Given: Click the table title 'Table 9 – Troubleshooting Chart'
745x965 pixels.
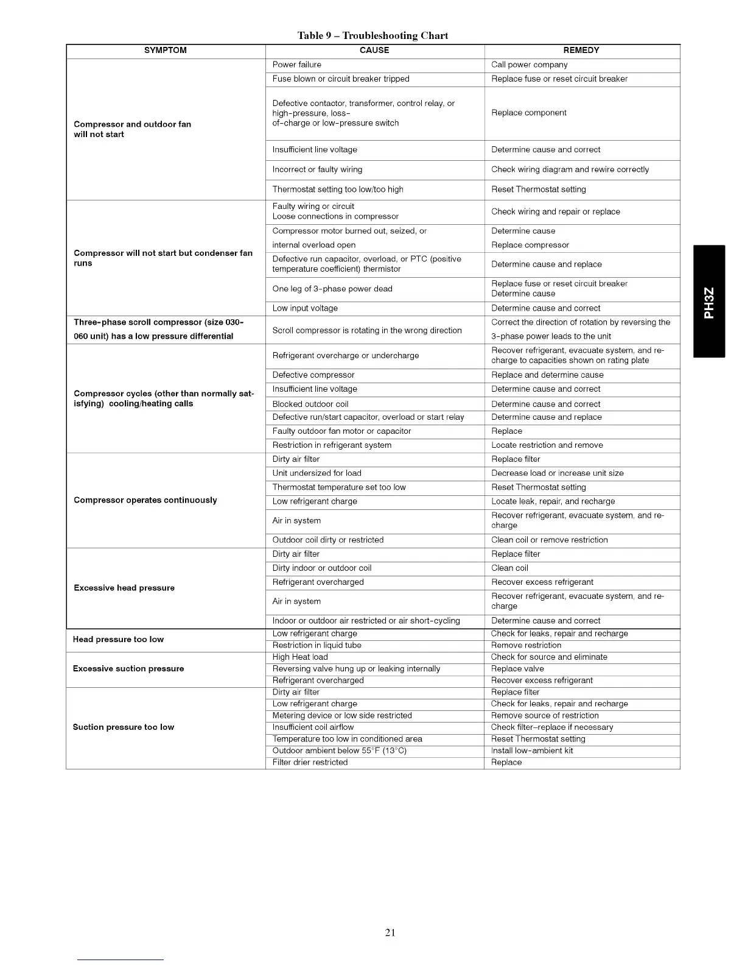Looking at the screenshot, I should [372, 35].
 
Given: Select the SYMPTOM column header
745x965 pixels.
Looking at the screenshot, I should [166, 51].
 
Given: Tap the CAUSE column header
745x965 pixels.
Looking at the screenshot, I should [374, 51].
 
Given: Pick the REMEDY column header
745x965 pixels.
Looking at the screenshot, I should [581, 51].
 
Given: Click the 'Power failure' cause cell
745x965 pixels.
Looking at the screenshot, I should [297, 65].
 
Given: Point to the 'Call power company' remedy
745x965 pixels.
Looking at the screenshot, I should [530, 65].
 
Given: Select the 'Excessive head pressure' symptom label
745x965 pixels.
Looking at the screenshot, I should [124, 588].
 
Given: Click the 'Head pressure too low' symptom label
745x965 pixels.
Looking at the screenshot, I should [118, 640].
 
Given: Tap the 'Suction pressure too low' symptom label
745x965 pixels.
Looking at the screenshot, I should [124, 727].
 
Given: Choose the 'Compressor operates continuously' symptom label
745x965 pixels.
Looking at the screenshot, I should [145, 500].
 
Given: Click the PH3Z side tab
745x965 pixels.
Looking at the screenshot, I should [709, 301].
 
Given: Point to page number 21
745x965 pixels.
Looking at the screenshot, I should [390, 932].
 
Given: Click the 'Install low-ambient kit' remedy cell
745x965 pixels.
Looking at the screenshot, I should [532, 751].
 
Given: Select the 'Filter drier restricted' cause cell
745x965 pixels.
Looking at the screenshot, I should [310, 763].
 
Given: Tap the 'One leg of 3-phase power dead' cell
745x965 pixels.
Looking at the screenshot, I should [332, 289].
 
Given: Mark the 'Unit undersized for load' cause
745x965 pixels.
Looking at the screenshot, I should [317, 473].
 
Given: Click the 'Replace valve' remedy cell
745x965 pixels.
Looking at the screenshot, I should [517, 669].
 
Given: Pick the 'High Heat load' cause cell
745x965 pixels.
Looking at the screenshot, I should [300, 657].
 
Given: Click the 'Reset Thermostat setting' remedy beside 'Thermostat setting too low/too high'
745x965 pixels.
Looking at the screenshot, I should [539, 189].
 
